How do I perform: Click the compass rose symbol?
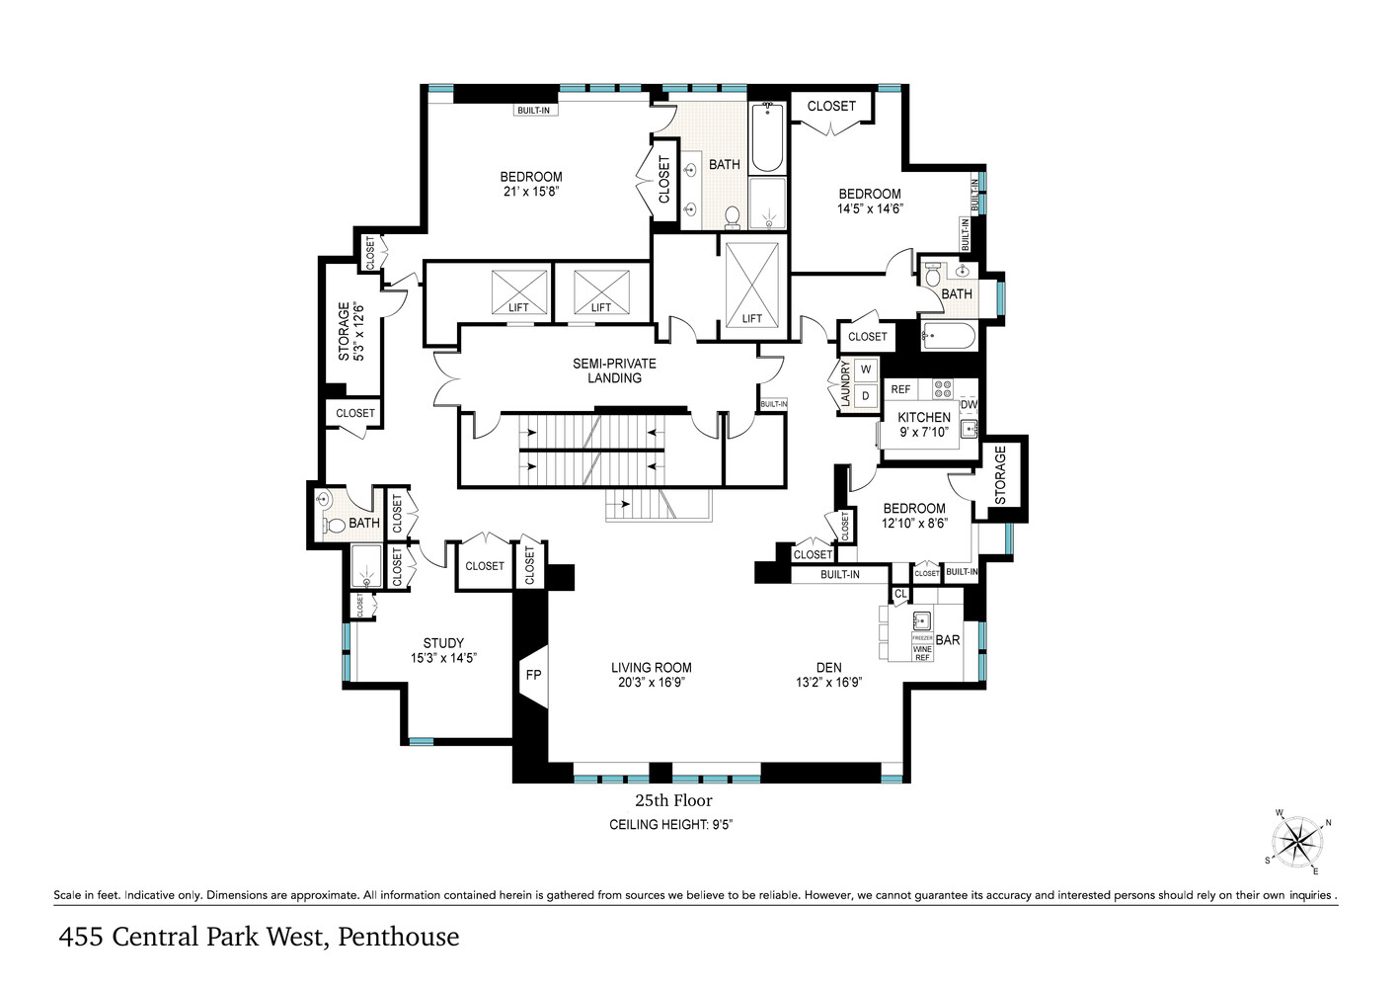[x=1296, y=843]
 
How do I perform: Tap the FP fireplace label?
[x=533, y=676]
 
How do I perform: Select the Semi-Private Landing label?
[x=614, y=370]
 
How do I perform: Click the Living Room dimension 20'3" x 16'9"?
[x=651, y=682]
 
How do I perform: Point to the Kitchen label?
[x=924, y=417]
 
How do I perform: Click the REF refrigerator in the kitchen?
[x=900, y=389]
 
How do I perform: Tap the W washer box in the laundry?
[x=866, y=370]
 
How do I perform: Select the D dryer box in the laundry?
[x=866, y=396]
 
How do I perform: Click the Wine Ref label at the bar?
[x=922, y=653]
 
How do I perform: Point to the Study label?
[x=443, y=643]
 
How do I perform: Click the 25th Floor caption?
[x=672, y=800]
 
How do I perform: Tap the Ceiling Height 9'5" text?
[x=670, y=825]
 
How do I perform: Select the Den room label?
[x=828, y=668]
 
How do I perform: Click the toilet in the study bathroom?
[x=333, y=525]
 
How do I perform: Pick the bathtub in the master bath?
[x=767, y=138]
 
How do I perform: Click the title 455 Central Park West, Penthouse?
[x=259, y=937]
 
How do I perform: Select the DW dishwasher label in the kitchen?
[x=969, y=404]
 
